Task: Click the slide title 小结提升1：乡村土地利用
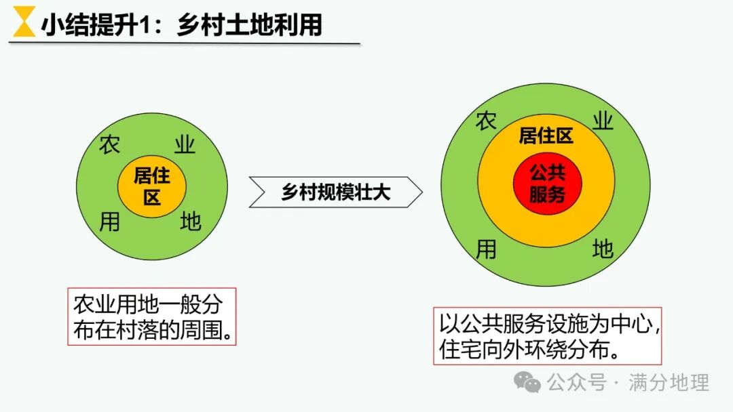click(181, 24)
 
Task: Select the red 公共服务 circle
click(547, 183)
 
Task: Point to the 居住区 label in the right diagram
click(546, 136)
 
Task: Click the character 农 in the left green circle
click(110, 144)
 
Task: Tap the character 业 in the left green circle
click(185, 144)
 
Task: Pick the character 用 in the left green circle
click(110, 222)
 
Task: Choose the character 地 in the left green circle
click(191, 222)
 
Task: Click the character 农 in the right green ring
click(486, 122)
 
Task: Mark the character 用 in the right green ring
click(486, 249)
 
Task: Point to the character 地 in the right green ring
click(603, 249)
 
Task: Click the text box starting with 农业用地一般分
click(151, 316)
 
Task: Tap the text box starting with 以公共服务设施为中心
click(547, 336)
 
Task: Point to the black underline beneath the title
click(184, 43)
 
